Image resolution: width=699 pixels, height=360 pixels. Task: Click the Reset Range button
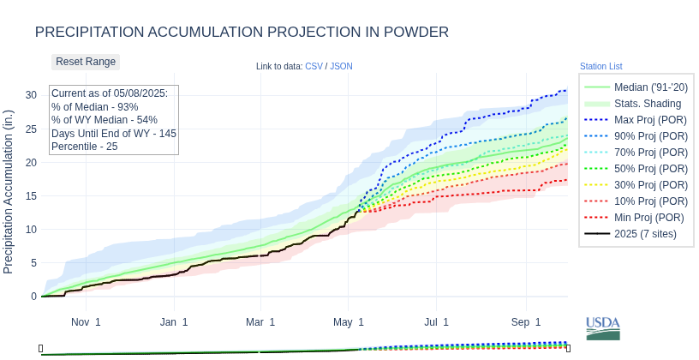coord(86,62)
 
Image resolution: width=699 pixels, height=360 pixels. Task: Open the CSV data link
coord(314,66)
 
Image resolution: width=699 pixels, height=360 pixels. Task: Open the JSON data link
coord(341,66)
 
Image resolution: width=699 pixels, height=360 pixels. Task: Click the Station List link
coord(600,66)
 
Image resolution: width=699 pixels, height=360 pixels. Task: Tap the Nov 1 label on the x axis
coord(86,322)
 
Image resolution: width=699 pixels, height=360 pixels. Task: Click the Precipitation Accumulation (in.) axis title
coord(9,191)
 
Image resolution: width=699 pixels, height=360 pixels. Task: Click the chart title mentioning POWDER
coord(242,33)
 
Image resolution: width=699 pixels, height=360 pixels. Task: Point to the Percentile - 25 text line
coord(84,147)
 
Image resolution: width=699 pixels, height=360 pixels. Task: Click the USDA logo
coord(603,328)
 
